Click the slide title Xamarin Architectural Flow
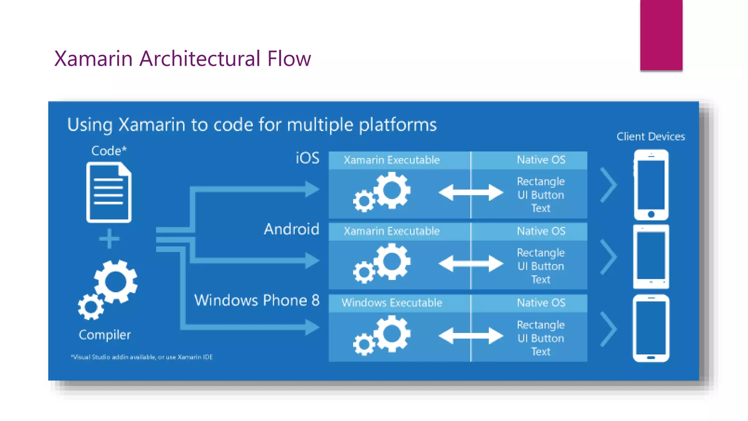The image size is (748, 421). point(182,58)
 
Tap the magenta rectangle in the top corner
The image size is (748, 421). point(661,35)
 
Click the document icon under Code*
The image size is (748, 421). point(109,193)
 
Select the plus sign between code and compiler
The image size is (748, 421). point(109,239)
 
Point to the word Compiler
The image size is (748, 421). point(104,335)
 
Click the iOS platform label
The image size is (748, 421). point(307,158)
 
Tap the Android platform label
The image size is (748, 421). point(291,229)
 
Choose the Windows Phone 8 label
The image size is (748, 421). point(257,300)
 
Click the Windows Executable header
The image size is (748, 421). point(392,303)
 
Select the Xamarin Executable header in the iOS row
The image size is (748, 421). point(392,160)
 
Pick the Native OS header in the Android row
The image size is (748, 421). point(541,231)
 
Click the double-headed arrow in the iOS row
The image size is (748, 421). point(470,193)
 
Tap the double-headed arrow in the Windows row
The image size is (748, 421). point(470,336)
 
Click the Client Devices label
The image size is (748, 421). point(650,137)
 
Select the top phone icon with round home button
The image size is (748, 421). point(651,185)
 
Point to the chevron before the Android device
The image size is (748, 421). point(608,257)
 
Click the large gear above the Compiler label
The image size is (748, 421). point(116,282)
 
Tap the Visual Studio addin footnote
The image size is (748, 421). point(142,357)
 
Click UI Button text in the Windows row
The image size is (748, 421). point(541,338)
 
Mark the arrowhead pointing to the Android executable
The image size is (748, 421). point(313,261)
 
